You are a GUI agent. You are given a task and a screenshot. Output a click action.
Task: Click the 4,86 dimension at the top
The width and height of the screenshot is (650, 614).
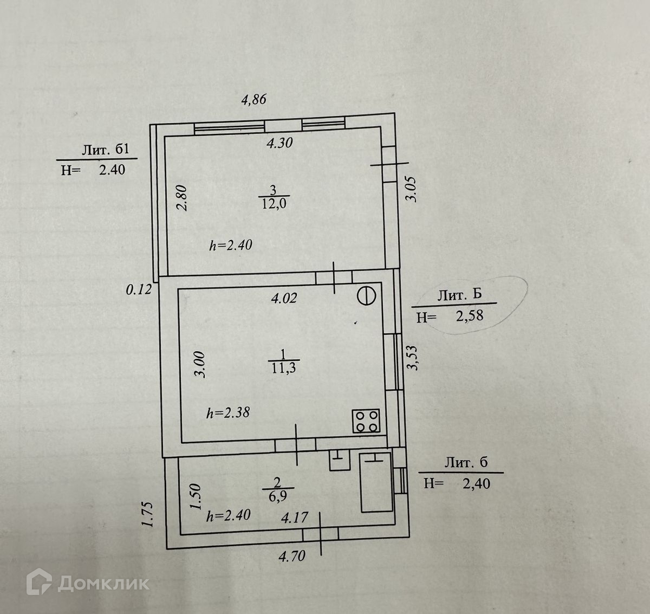pos(254,100)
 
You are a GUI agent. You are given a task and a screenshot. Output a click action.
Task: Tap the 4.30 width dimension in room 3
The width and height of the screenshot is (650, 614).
pos(279,144)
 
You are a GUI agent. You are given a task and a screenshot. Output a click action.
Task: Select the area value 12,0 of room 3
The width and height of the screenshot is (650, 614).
pos(273,203)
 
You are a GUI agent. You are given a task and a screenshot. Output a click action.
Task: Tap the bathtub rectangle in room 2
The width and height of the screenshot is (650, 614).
pos(375,482)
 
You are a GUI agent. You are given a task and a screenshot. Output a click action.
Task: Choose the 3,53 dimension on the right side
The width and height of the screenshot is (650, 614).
pos(414,358)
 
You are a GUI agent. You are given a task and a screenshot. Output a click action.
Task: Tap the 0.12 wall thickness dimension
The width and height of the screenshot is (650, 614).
pos(139,290)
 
